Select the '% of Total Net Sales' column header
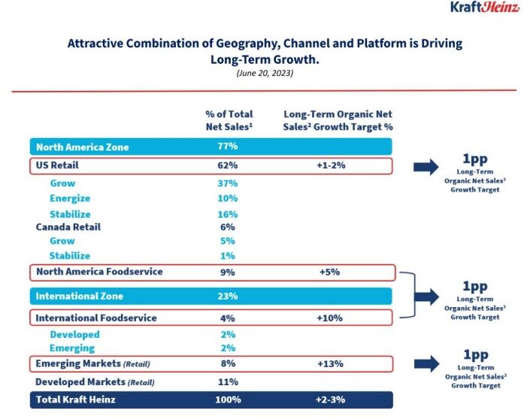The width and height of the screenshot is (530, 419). click(229, 120)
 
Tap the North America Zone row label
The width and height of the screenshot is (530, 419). click(82, 147)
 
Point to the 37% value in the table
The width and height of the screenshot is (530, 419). click(228, 183)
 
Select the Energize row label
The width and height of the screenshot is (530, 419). click(71, 198)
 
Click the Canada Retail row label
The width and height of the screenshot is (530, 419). click(68, 227)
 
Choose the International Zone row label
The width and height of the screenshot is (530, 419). click(80, 297)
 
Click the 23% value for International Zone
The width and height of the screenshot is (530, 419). click(228, 297)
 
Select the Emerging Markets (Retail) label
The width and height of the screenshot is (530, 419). click(93, 364)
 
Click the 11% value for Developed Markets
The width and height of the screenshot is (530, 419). click(228, 381)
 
